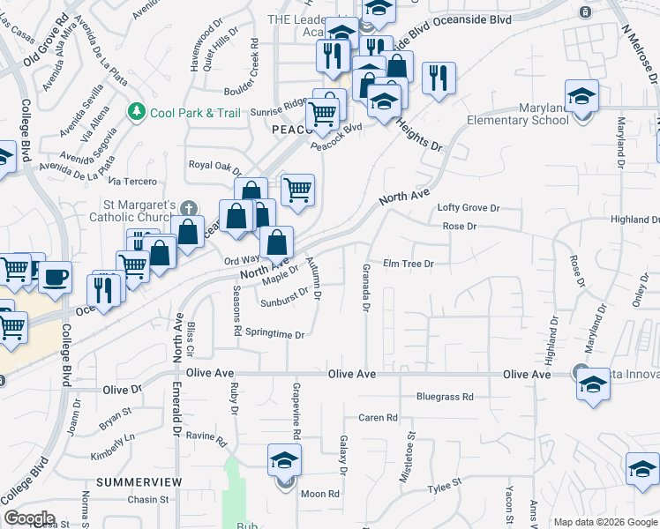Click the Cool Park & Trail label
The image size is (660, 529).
[x=195, y=112]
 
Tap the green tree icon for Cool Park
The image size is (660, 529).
[x=137, y=111]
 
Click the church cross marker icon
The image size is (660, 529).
[x=187, y=209]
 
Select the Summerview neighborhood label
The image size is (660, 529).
[x=139, y=482]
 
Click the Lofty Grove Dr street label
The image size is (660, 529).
[x=469, y=209]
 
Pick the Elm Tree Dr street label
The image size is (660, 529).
[x=409, y=264]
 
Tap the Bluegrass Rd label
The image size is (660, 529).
[x=446, y=397]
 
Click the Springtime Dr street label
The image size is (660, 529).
[x=274, y=335]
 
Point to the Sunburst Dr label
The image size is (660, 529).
[x=284, y=302]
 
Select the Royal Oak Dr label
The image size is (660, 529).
[x=215, y=165]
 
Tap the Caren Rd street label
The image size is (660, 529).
[x=378, y=418]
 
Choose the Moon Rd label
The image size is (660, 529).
[x=320, y=495]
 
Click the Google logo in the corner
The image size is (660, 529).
[x=29, y=518]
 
